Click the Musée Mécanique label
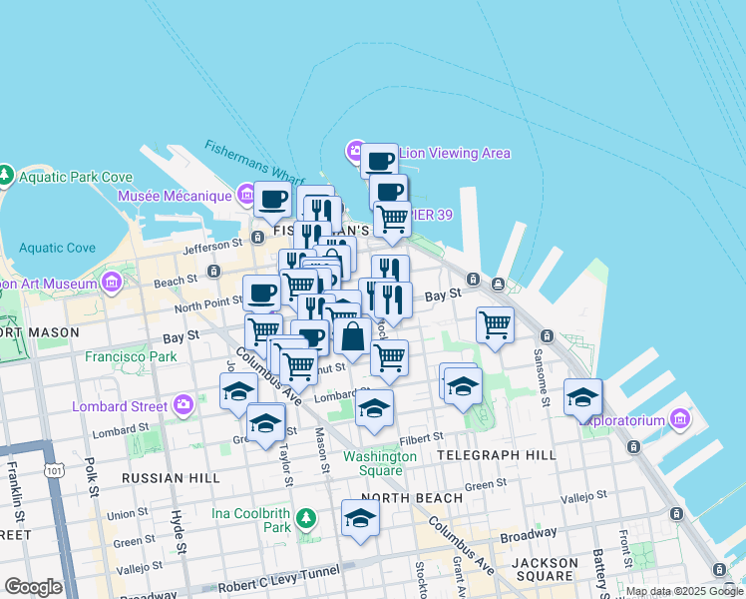175,196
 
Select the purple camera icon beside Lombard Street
184,405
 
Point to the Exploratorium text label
625,420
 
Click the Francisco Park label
131,355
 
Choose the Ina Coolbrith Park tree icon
307,517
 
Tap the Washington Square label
380,463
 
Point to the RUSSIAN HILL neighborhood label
170,478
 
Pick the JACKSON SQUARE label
545,569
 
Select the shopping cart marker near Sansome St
495,325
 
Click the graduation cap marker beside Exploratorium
582,398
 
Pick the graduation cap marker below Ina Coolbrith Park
360,518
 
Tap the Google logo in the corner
32,587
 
